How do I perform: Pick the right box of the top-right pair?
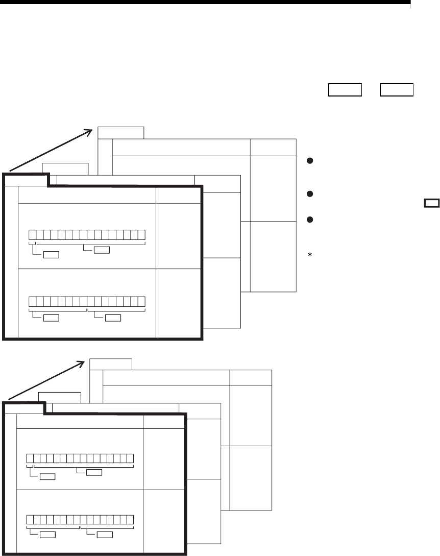pyautogui.click(x=396, y=90)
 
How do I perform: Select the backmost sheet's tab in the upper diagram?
pyautogui.click(x=121, y=132)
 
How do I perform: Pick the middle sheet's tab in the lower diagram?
pyautogui.click(x=60, y=397)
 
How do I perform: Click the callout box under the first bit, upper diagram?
pyautogui.click(x=51, y=254)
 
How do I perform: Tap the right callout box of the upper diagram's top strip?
pyautogui.click(x=102, y=250)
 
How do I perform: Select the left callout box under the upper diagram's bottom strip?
pyautogui.click(x=51, y=318)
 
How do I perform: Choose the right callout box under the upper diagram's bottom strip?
pyautogui.click(x=113, y=318)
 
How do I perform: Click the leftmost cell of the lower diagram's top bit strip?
pyautogui.click(x=30, y=458)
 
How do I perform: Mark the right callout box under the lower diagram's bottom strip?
pyautogui.click(x=105, y=535)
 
